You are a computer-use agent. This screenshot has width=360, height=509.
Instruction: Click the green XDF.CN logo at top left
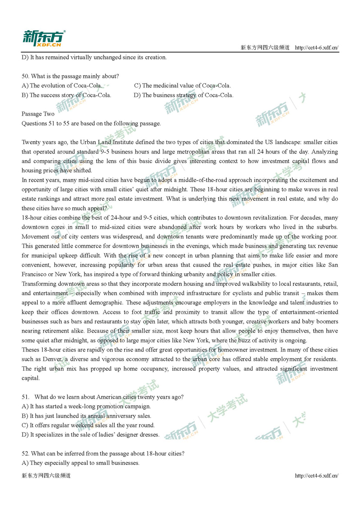click(44, 39)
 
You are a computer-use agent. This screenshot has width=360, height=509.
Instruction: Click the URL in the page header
click(316, 48)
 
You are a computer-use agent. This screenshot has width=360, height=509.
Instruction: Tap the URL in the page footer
click(316, 476)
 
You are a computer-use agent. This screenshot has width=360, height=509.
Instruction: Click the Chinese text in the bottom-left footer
click(46, 476)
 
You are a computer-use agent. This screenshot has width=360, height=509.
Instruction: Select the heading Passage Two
click(38, 114)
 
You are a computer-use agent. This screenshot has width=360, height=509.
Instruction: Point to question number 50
click(25, 76)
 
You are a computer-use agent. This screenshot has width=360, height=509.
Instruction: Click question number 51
click(25, 397)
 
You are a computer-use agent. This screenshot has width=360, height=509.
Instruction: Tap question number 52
click(25, 453)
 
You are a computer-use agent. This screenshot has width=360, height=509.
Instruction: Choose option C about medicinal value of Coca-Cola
click(182, 86)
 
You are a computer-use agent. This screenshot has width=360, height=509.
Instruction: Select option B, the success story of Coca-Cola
click(66, 95)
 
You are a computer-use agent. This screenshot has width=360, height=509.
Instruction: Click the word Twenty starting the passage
click(31, 142)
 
